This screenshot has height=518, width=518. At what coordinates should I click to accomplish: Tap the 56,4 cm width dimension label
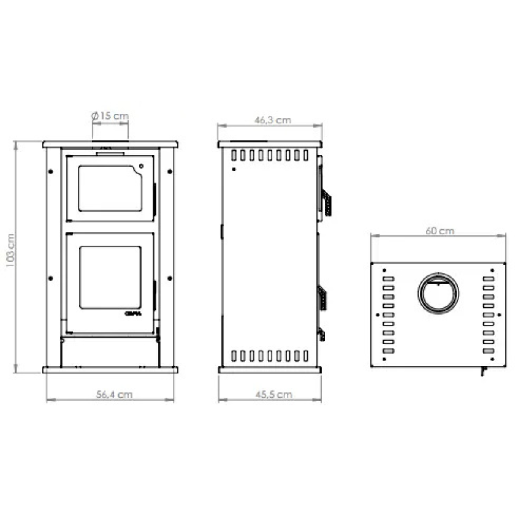[114, 394]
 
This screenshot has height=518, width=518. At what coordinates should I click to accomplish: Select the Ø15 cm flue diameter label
[110, 116]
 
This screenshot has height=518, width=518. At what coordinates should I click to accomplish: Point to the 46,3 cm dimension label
[272, 120]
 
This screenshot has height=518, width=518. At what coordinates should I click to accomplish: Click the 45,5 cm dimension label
[273, 394]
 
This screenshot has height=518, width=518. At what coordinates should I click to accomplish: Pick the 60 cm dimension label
[440, 231]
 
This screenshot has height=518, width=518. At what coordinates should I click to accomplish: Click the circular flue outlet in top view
[438, 294]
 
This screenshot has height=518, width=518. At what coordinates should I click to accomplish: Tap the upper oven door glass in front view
[110, 189]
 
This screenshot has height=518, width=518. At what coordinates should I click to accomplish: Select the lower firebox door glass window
[110, 278]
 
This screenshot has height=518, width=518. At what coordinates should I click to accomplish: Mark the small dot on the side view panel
[234, 169]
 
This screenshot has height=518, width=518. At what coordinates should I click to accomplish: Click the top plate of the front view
[110, 144]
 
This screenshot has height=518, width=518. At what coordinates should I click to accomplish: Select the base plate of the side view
[270, 370]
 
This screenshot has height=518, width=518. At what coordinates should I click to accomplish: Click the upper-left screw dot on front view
[51, 171]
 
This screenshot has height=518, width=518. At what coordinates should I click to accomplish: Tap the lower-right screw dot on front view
[170, 278]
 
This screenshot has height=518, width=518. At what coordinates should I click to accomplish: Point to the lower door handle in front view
[155, 292]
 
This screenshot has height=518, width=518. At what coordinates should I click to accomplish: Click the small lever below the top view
[484, 371]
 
